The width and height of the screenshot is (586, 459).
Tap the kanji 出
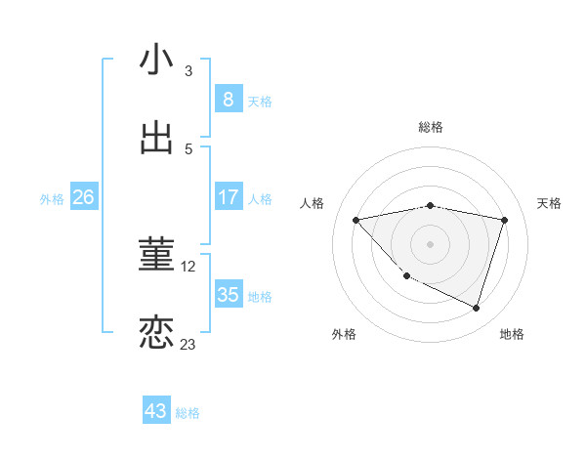coord(156,139)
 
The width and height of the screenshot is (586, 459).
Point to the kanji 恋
coord(156,332)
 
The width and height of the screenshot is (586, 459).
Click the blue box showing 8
coord(228,99)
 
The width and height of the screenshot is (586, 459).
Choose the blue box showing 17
coord(228,197)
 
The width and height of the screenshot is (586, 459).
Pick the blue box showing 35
coord(228,295)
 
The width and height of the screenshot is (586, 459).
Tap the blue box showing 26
coord(83,197)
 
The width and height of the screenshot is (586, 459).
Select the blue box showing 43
coord(155,411)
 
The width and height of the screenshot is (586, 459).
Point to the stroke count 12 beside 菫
coord(189,266)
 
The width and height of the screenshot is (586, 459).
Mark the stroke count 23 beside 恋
coord(188,344)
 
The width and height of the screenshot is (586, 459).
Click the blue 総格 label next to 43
coord(188,413)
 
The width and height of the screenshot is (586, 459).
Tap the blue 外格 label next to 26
coord(52,199)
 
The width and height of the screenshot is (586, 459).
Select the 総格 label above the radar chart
coord(430,127)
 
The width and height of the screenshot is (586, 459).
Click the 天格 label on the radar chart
coord(549,203)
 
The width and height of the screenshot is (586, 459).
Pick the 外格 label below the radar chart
coord(344,334)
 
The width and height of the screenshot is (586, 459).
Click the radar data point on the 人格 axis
coord(356,220)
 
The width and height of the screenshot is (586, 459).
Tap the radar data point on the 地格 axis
coord(476,308)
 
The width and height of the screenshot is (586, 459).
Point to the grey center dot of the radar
coord(430,243)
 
